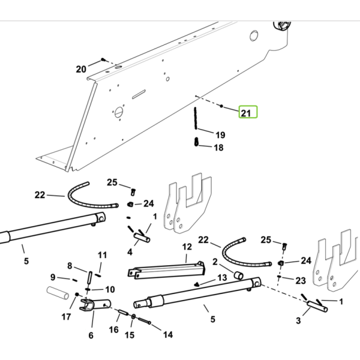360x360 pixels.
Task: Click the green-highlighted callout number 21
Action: [x=245, y=113]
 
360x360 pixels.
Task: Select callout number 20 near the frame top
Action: [x=81, y=69]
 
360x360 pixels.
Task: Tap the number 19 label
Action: [x=220, y=135]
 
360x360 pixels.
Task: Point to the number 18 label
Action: [x=218, y=148]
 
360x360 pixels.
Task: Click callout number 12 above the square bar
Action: [x=187, y=247]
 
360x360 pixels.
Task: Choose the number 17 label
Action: [x=66, y=317]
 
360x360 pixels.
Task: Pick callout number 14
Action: [x=168, y=335]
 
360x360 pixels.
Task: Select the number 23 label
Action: [x=301, y=281]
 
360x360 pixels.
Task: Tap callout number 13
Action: [x=222, y=278]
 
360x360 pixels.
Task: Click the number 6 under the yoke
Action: [x=91, y=335]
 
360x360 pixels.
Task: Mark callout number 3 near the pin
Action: [x=298, y=320]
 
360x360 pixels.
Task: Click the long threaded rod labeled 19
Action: [x=196, y=118]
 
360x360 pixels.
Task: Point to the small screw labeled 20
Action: [x=103, y=59]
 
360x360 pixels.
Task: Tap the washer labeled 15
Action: [x=133, y=316]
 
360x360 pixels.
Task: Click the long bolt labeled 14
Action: [x=145, y=320]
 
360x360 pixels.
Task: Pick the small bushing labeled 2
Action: [x=239, y=275]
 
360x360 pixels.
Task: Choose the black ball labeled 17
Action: [x=77, y=295]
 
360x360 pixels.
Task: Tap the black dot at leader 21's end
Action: [x=221, y=106]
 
